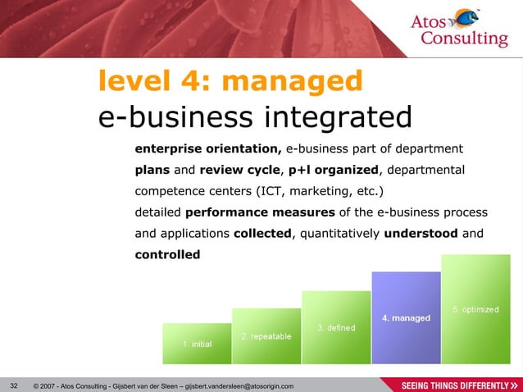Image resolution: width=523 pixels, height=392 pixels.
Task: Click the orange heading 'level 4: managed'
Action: point(230,81)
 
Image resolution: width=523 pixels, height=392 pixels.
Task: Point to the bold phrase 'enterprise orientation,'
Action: point(208,149)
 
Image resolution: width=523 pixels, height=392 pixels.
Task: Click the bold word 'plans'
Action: point(153,171)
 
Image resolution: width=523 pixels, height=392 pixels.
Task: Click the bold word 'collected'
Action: point(262,234)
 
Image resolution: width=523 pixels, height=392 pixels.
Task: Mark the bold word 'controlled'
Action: point(167,255)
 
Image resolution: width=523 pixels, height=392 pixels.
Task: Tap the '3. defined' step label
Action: point(336,328)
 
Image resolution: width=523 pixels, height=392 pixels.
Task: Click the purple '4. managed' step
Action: point(406,318)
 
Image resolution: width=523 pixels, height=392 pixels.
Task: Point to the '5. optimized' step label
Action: point(475,309)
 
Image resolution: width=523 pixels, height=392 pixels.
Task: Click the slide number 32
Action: point(12,385)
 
